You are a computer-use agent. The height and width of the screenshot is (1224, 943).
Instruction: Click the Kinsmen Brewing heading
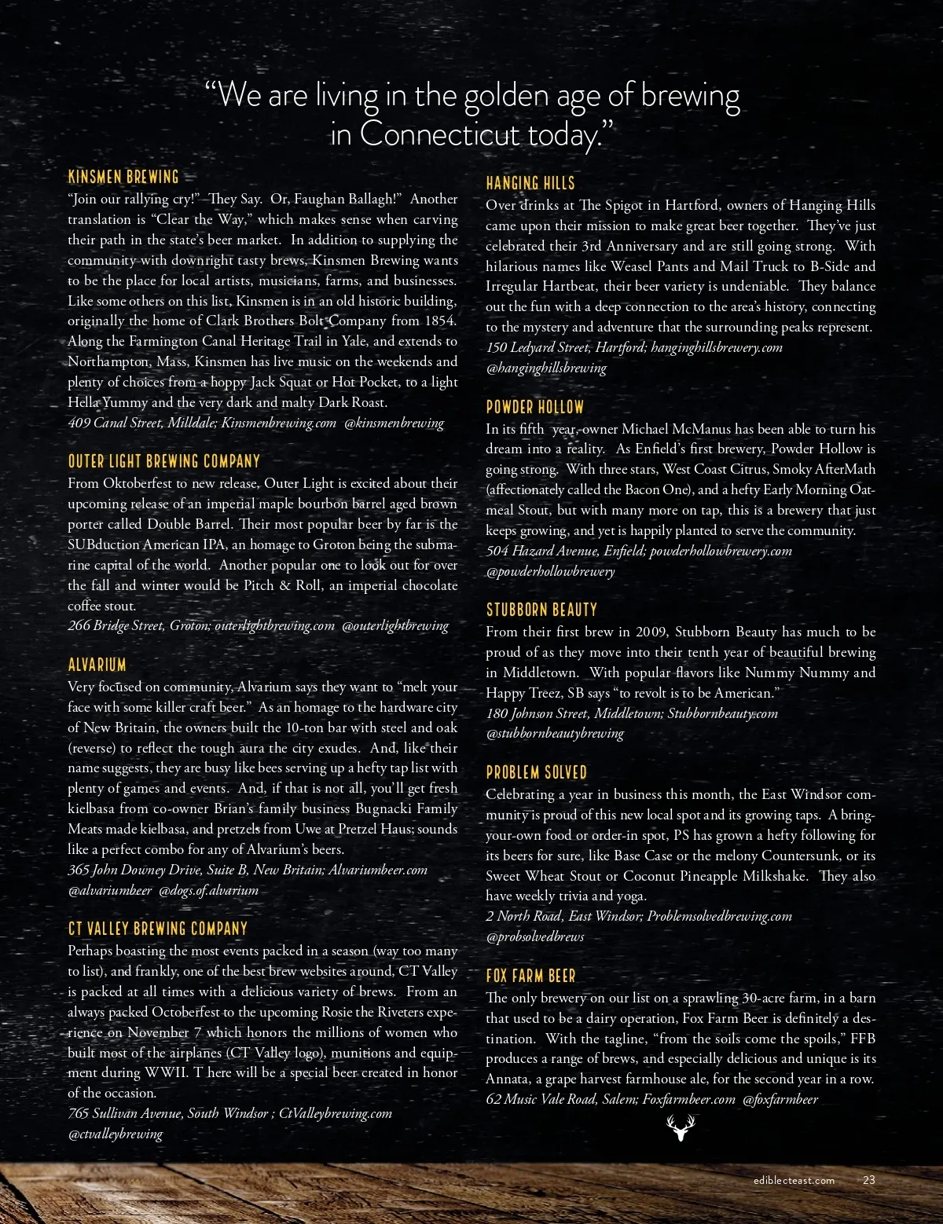[x=123, y=176]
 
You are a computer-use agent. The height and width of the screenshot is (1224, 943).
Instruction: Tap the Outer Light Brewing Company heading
[x=163, y=461]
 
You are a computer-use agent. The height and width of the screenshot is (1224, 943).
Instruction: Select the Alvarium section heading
[x=97, y=665]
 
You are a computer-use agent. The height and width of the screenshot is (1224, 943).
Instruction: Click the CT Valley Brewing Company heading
[x=157, y=929]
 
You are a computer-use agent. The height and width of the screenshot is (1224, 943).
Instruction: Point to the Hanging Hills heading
[x=530, y=183]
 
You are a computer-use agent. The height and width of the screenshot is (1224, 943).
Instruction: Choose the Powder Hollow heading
[x=534, y=407]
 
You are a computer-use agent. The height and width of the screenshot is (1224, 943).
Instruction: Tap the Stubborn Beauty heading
[x=541, y=610]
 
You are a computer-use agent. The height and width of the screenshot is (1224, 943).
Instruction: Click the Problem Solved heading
[x=536, y=772]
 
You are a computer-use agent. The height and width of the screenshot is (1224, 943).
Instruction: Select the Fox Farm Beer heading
[x=530, y=976]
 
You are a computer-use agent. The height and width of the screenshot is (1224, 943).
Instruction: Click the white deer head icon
[x=681, y=1127]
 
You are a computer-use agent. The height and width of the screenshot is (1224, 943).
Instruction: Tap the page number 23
[x=869, y=1180]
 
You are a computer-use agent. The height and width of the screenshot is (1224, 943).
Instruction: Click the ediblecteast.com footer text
[x=793, y=1180]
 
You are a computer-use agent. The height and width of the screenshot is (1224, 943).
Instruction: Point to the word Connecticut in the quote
[x=440, y=134]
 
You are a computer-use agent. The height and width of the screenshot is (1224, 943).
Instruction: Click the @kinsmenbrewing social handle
[x=394, y=423]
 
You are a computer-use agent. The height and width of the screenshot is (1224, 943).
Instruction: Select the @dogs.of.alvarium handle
[x=208, y=890]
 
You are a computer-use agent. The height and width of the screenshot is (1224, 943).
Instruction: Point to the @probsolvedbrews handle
[x=535, y=936]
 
